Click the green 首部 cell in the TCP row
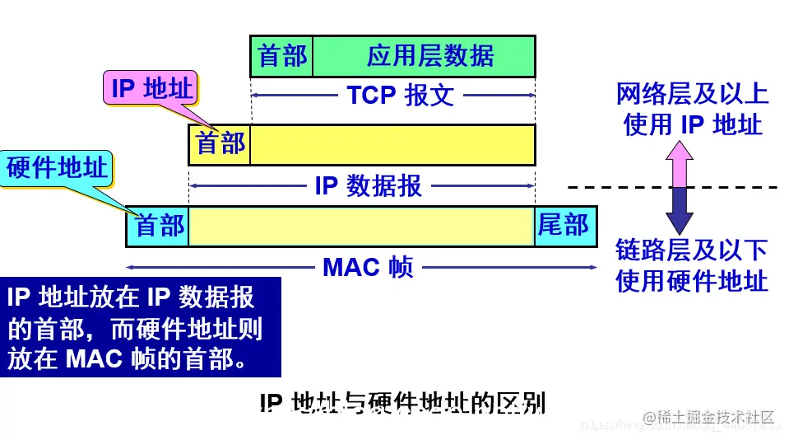(281, 56)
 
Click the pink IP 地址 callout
(151, 88)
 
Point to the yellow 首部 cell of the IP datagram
(220, 144)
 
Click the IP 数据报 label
(368, 185)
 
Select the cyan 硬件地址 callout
(57, 168)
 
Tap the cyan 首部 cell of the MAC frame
(158, 226)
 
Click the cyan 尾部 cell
(565, 226)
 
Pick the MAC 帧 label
(368, 267)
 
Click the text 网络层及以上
(692, 94)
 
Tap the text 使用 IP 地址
(692, 124)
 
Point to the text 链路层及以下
(692, 250)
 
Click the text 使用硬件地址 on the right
(692, 281)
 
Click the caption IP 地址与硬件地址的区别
(402, 403)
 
